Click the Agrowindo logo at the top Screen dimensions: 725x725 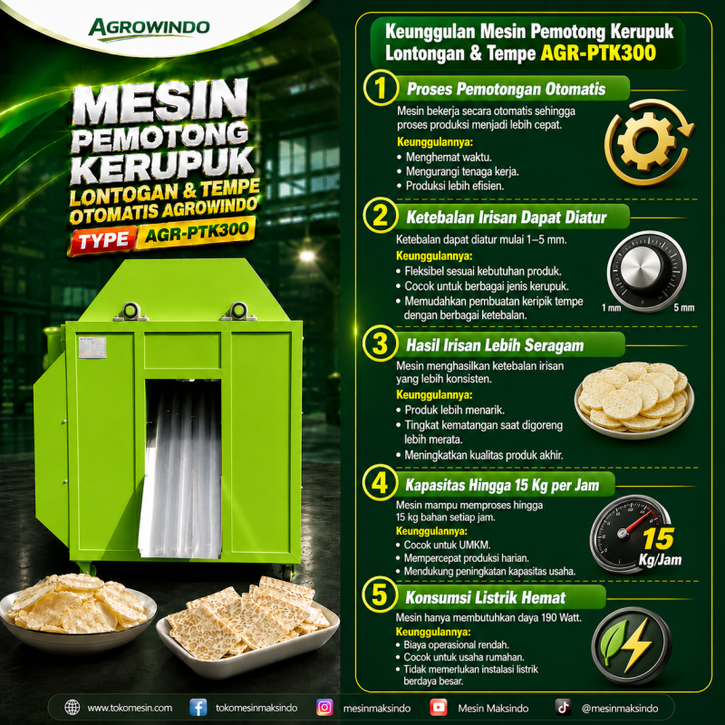pyautogui.click(x=149, y=29)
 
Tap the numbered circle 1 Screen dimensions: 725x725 pyautogui.click(x=381, y=88)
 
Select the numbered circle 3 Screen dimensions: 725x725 pyautogui.click(x=380, y=344)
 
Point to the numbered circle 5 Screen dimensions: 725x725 pyautogui.click(x=379, y=594)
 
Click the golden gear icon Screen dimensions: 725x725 pyautogui.click(x=647, y=141)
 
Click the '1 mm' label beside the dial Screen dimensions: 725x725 pyautogui.click(x=611, y=308)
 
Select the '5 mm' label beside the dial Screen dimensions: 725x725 pyautogui.click(x=684, y=308)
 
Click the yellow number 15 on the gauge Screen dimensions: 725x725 pyautogui.click(x=659, y=539)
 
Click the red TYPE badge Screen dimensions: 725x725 pyautogui.click(x=103, y=240)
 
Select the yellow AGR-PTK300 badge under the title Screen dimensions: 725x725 pyautogui.click(x=196, y=233)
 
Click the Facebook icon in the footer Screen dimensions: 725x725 pyautogui.click(x=198, y=708)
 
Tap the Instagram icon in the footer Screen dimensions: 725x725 pyautogui.click(x=324, y=708)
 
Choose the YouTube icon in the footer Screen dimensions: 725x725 pyautogui.click(x=439, y=708)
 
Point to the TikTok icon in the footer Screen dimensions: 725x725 pyautogui.click(x=563, y=708)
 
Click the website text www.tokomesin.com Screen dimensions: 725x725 pyautogui.click(x=130, y=708)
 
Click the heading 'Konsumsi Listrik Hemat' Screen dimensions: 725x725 pyautogui.click(x=486, y=597)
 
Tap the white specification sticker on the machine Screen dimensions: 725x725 pyautogui.click(x=92, y=347)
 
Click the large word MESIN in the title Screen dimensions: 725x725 pyautogui.click(x=160, y=102)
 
